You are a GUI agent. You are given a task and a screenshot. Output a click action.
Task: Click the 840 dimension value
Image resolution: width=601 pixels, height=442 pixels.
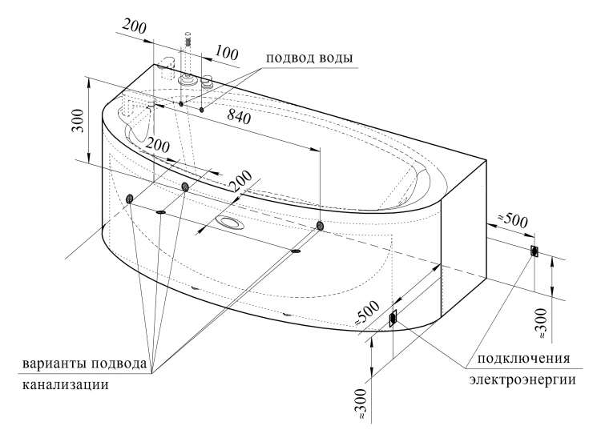point(239,116)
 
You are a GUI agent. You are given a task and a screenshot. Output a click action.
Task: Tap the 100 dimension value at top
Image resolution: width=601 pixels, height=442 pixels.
point(226,53)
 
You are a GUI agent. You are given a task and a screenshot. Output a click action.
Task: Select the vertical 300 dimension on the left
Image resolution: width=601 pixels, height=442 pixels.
point(78,120)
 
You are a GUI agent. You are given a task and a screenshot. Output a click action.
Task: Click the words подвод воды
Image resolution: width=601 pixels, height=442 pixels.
point(309,58)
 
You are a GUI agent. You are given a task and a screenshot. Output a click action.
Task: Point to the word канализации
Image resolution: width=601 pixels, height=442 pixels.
point(66,384)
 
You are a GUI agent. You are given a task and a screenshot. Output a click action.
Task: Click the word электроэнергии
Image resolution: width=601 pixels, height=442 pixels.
point(522,380)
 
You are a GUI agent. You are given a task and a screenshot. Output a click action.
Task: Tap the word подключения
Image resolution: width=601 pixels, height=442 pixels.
point(523,359)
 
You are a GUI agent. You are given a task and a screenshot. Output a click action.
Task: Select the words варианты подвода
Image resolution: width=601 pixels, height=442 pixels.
point(84,363)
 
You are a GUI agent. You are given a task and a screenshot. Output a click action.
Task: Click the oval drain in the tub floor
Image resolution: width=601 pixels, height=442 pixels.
point(229,223)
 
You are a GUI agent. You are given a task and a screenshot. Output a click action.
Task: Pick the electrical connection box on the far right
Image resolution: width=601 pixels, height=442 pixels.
point(534,251)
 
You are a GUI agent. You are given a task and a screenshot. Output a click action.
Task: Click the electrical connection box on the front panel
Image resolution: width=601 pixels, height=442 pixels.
point(393,318)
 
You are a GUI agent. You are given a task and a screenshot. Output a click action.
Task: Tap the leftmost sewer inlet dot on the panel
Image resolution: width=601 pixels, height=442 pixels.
point(130,199)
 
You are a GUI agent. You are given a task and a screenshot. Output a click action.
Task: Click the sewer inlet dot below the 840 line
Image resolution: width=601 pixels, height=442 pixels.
point(320,226)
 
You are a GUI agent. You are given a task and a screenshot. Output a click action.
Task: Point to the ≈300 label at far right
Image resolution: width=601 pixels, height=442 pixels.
point(542,323)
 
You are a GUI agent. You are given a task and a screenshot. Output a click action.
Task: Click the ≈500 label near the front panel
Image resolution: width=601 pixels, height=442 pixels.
point(367,312)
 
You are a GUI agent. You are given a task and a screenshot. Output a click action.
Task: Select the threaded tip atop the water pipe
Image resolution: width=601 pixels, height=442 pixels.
point(188,38)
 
